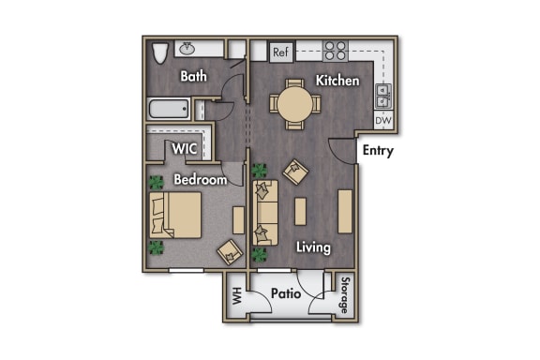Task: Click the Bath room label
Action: tap(194, 76)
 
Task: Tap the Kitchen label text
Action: tap(337, 81)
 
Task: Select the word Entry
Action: tap(377, 151)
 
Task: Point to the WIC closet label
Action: tap(183, 148)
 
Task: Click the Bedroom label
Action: tap(201, 179)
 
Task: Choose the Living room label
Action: tap(313, 247)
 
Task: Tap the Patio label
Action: tap(285, 293)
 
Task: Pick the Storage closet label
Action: tap(345, 295)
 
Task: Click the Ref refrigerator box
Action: tap(280, 52)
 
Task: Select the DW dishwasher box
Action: tap(382, 121)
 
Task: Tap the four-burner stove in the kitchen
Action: tap(335, 51)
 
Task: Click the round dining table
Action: tap(293, 104)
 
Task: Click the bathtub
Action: tap(172, 110)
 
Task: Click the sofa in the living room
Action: tap(266, 213)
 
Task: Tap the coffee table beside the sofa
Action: tap(300, 212)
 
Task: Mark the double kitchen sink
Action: tap(383, 95)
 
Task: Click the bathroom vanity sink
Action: tap(187, 48)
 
